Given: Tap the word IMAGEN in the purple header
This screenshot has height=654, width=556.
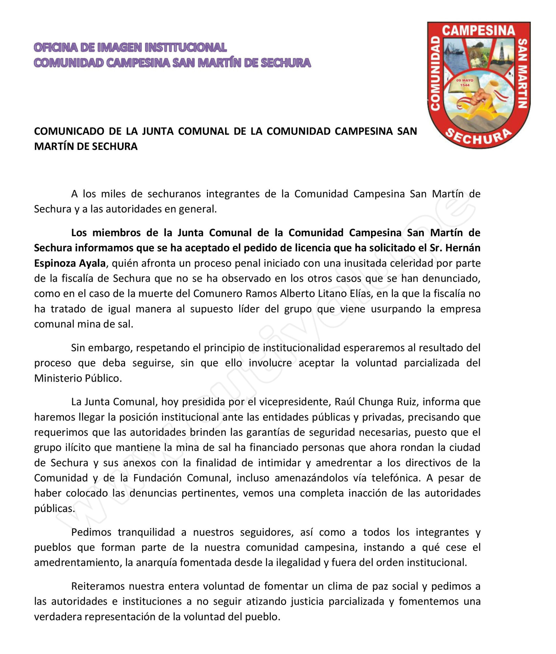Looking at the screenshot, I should pos(120,47).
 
